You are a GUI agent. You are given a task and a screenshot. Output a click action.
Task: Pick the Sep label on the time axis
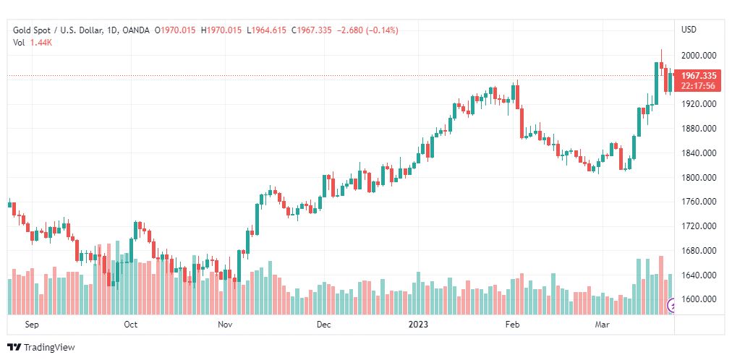[x=31, y=325]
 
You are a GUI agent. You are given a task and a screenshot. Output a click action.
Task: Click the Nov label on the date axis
[x=226, y=325]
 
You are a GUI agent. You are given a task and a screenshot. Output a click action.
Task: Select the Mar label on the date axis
[x=602, y=325]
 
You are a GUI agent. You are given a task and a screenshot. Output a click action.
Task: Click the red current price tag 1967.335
[x=698, y=76]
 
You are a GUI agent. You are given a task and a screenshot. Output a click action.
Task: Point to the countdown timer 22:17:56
[x=698, y=86]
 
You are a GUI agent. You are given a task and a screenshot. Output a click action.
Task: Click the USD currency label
[x=689, y=30]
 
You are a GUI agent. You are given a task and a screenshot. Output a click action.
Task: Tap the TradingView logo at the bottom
[x=41, y=348]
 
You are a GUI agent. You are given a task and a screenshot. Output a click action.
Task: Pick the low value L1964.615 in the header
[x=267, y=30]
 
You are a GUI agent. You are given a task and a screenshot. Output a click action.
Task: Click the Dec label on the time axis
[x=324, y=325]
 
